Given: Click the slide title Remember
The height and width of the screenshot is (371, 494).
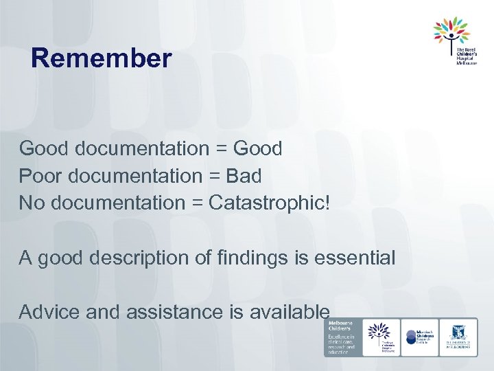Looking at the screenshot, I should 101,58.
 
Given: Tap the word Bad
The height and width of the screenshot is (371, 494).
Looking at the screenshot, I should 244,176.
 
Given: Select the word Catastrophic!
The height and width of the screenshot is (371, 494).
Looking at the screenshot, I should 269,203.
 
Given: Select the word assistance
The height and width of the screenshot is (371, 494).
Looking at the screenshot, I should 161,313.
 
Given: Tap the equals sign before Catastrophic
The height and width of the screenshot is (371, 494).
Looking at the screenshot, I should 193,204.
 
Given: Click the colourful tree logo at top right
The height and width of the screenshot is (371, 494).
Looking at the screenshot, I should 451,31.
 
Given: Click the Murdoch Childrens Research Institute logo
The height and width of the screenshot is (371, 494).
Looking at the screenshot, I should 419,337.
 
